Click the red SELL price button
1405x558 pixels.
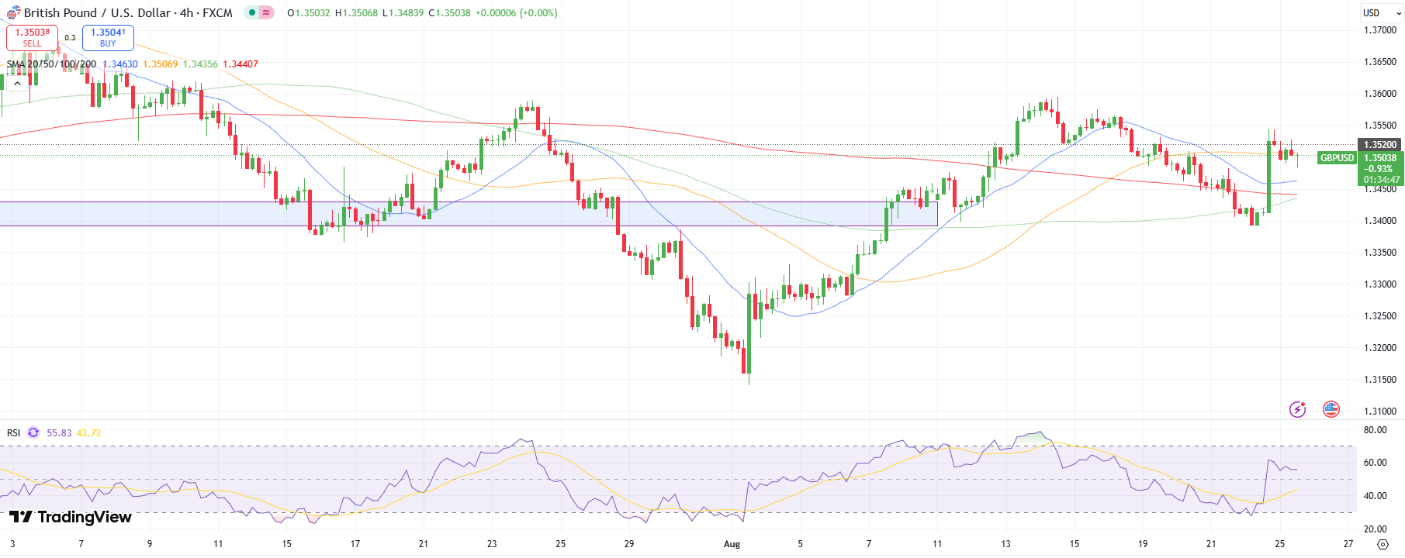click(32, 37)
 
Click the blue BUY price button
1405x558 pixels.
click(108, 37)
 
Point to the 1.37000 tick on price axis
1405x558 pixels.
click(1379, 30)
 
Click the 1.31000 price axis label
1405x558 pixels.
click(1379, 412)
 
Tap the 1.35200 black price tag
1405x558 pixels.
click(1379, 145)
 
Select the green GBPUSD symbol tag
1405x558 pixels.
click(1337, 158)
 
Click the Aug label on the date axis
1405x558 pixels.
click(732, 544)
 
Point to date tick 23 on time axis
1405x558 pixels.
click(492, 544)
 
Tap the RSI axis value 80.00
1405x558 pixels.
click(1375, 430)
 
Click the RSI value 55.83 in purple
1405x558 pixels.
click(59, 433)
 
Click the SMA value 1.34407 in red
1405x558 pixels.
click(241, 64)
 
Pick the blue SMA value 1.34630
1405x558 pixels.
click(120, 64)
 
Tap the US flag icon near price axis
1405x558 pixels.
click(1331, 409)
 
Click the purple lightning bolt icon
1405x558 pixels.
click(1297, 409)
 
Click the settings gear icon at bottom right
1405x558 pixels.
click(1382, 544)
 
